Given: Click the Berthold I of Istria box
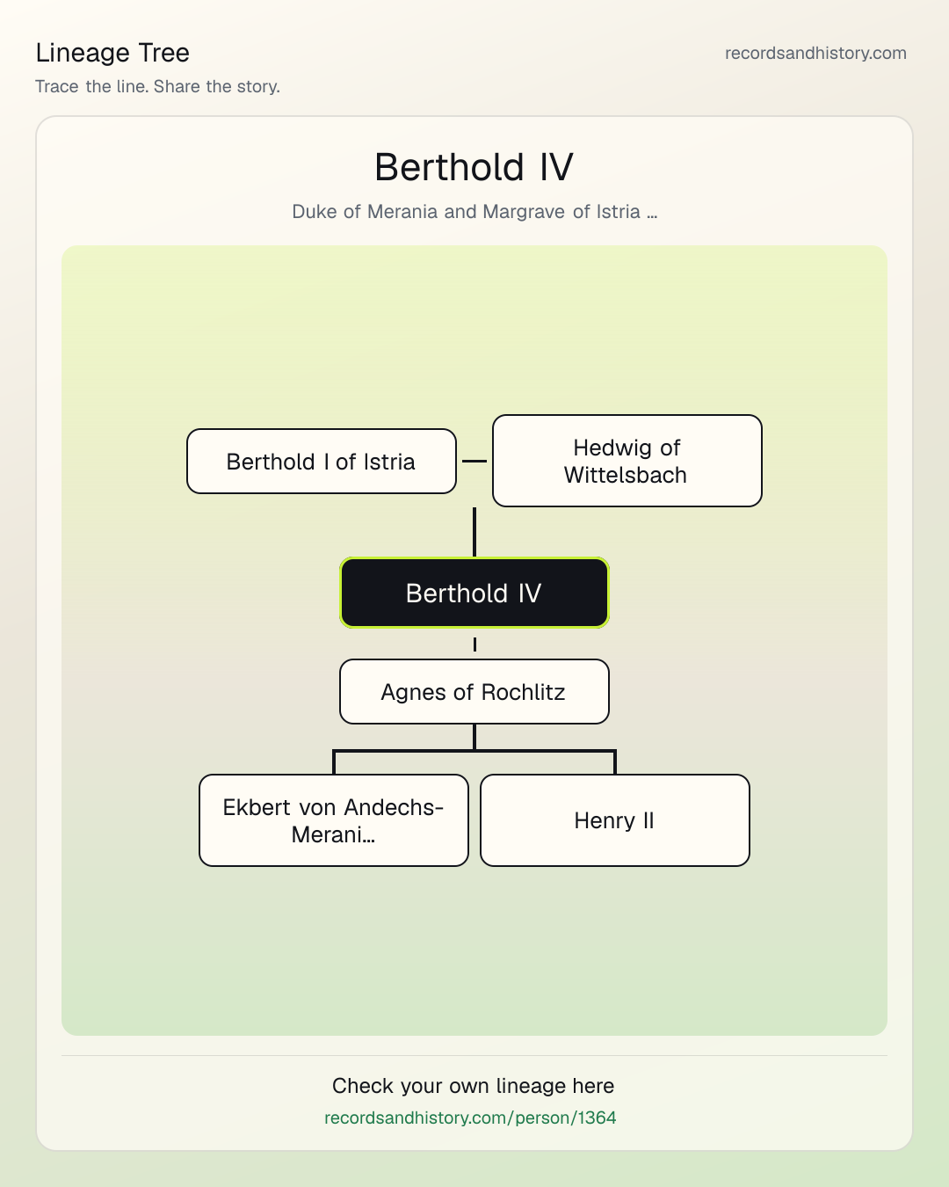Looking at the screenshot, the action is pos(322,461).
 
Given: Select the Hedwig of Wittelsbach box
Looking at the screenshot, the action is pos(627,461).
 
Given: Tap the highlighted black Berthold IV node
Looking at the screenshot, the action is pos(474,593).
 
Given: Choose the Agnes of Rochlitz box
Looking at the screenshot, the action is pos(474,692).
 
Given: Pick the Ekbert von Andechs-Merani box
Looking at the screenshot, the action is pos(334,820).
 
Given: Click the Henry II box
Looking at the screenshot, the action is pos(615,820).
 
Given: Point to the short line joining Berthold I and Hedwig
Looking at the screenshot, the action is pos(474,461).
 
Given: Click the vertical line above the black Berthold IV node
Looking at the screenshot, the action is pos(474,532).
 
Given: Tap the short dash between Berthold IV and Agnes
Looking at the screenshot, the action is pos(474,644).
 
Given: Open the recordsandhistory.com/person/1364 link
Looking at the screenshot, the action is pos(470,1118).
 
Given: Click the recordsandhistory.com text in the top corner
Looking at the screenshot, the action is pos(815,53).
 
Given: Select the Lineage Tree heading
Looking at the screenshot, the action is pos(112,53).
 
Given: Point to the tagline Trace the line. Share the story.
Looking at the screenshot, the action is pos(157,86).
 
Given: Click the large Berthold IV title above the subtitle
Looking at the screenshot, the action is pos(474,167).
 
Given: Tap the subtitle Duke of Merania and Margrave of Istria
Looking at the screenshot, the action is pos(474,212).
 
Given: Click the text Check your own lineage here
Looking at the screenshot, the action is pos(473,1086).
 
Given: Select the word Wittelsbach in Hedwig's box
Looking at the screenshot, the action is pos(626,475).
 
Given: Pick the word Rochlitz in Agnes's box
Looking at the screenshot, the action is pos(523,692).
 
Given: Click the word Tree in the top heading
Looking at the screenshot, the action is pos(163,53).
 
